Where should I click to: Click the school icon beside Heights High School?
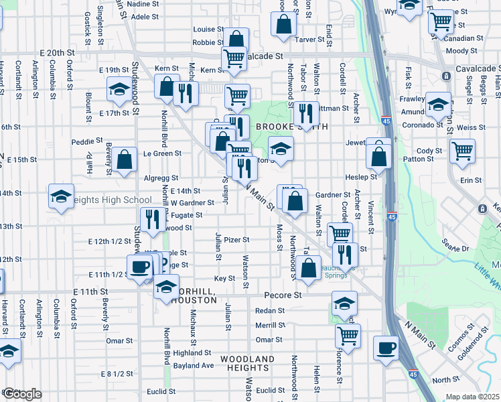click(x=61, y=197)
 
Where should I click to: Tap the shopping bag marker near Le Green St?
click(x=125, y=159)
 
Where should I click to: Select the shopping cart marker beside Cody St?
click(x=462, y=151)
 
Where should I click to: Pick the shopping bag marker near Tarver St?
click(x=284, y=23)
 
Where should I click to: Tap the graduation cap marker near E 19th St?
click(x=119, y=89)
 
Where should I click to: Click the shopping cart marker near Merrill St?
click(x=348, y=335)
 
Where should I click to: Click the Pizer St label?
click(x=236, y=239)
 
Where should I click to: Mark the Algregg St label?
click(x=161, y=178)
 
